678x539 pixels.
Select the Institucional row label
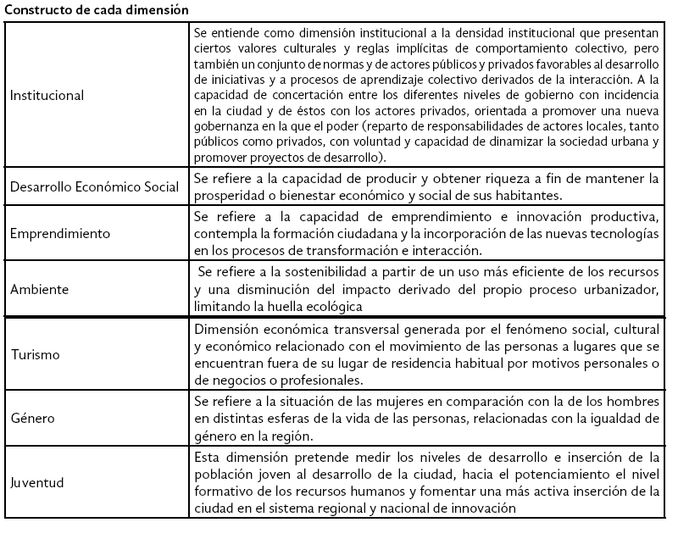tap(47, 95)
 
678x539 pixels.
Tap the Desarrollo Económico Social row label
tap(94, 186)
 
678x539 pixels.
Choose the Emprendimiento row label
tap(60, 232)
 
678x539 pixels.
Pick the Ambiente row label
tap(39, 289)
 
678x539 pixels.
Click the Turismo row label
tap(35, 354)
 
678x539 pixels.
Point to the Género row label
tap(32, 419)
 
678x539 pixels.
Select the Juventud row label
tap(37, 483)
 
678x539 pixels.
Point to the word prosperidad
tap(229, 194)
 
